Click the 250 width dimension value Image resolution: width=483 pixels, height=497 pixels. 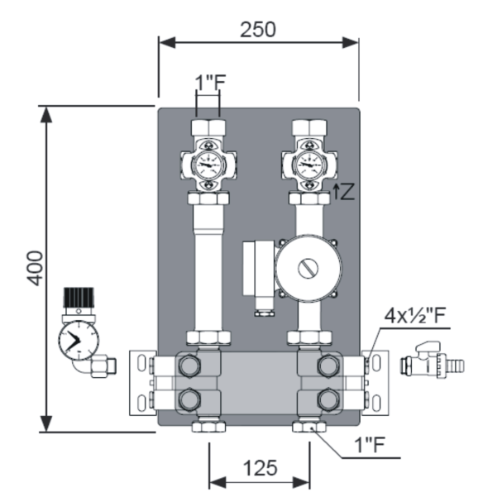[258, 30]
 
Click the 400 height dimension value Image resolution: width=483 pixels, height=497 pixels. [35, 268]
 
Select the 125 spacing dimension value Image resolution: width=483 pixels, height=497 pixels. [260, 468]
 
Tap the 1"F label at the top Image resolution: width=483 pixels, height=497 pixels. [210, 82]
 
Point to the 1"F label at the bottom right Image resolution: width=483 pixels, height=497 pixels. [370, 444]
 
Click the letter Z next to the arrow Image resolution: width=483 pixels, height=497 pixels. [347, 192]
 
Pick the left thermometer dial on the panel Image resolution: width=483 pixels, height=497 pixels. [208, 165]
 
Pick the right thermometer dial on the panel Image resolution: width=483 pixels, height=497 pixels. [309, 165]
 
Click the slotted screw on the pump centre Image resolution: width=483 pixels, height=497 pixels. [308, 268]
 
